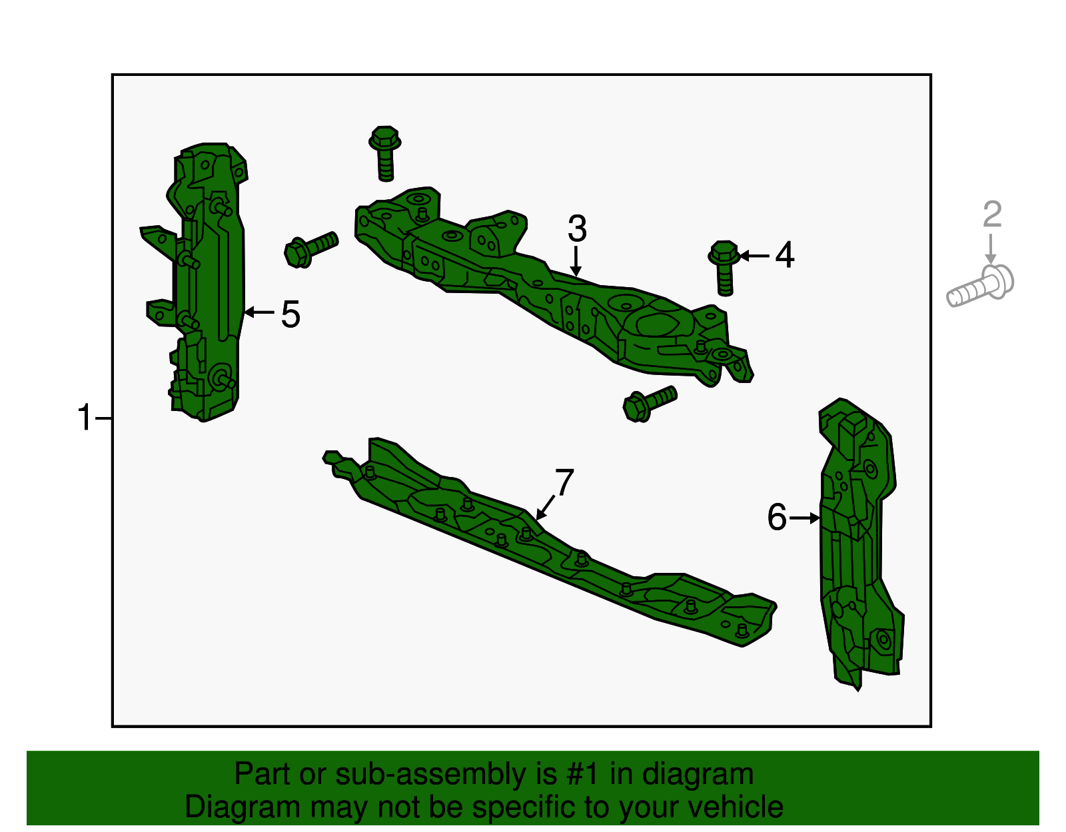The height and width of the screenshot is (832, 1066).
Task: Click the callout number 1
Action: pos(84,418)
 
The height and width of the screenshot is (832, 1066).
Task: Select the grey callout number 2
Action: pos(992,214)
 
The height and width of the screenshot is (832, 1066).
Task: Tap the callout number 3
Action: pos(577,228)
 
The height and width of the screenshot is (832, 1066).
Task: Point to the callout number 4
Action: pos(785,256)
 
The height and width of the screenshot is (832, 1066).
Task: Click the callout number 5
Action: pos(290,314)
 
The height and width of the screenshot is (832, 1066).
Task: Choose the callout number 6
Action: pos(777,518)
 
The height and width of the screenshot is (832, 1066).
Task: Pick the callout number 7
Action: pos(564,482)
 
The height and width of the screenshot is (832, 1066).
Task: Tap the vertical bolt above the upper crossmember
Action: pos(385,153)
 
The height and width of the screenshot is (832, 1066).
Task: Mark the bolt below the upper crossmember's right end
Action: pos(649,402)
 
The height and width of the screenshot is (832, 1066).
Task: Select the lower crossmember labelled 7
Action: pos(546,546)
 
